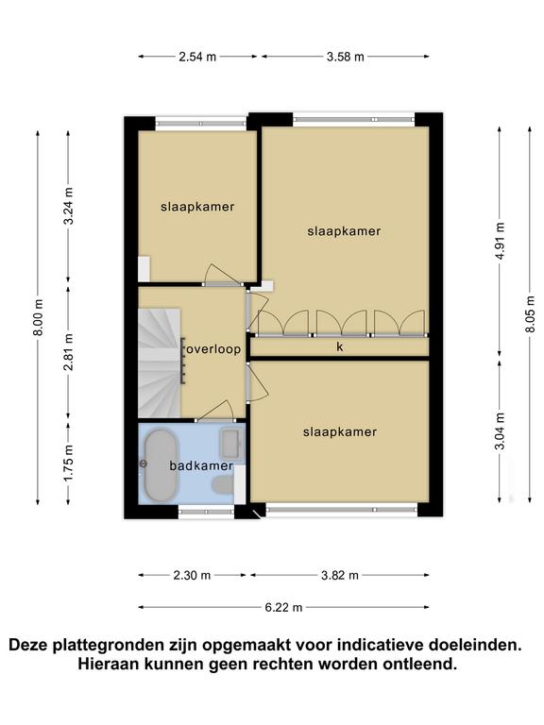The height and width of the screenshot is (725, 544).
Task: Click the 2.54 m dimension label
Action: click(x=197, y=57)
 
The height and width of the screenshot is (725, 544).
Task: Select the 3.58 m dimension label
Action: click(x=345, y=57)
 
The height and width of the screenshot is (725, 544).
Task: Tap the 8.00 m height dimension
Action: click(x=39, y=317)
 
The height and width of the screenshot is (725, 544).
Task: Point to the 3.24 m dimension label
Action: click(x=68, y=206)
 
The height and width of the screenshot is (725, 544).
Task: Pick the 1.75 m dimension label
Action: click(x=68, y=463)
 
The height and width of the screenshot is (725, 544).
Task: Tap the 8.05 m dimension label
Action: click(x=530, y=314)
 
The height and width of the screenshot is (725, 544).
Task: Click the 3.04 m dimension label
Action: click(x=500, y=430)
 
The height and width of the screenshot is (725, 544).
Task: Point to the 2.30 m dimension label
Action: click(x=192, y=576)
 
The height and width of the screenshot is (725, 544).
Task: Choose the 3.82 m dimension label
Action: click(x=340, y=576)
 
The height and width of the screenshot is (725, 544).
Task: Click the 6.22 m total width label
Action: click(x=283, y=608)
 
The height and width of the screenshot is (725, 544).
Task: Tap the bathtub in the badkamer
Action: click(x=161, y=465)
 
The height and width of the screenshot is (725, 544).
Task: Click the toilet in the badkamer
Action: click(x=223, y=485)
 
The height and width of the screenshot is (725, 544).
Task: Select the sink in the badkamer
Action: click(x=231, y=444)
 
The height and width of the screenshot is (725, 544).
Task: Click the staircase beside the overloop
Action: click(x=159, y=362)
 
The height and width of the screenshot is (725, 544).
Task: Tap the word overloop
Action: click(x=213, y=349)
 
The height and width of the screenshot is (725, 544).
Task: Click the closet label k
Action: click(x=340, y=346)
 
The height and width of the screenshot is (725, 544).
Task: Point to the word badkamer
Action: click(x=201, y=465)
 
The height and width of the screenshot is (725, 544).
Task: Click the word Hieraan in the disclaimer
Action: click(x=108, y=665)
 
